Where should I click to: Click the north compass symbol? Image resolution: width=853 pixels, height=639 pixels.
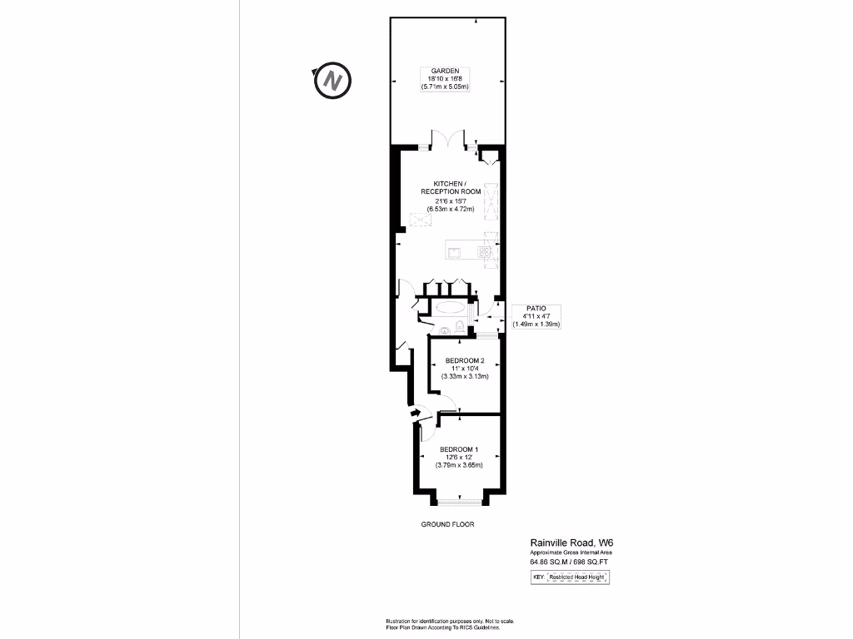(x=332, y=81)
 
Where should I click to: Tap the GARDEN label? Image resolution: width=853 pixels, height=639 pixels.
(x=446, y=71)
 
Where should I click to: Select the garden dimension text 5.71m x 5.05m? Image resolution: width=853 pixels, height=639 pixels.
(x=446, y=87)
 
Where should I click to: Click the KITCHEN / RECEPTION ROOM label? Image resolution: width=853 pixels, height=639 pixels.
(x=451, y=187)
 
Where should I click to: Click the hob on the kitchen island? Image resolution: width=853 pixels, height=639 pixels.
(x=484, y=250)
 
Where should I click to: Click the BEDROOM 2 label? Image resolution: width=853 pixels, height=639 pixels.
(x=465, y=360)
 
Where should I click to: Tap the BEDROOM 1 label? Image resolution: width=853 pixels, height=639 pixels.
(x=459, y=449)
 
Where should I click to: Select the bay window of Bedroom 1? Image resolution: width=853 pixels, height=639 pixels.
(x=459, y=501)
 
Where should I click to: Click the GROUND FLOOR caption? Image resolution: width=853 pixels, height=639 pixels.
(x=446, y=525)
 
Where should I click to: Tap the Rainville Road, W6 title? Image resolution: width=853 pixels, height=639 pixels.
(x=571, y=541)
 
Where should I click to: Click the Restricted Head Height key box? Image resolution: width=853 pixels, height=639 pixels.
(x=579, y=577)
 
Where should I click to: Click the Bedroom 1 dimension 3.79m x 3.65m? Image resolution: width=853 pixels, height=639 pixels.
(x=459, y=466)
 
